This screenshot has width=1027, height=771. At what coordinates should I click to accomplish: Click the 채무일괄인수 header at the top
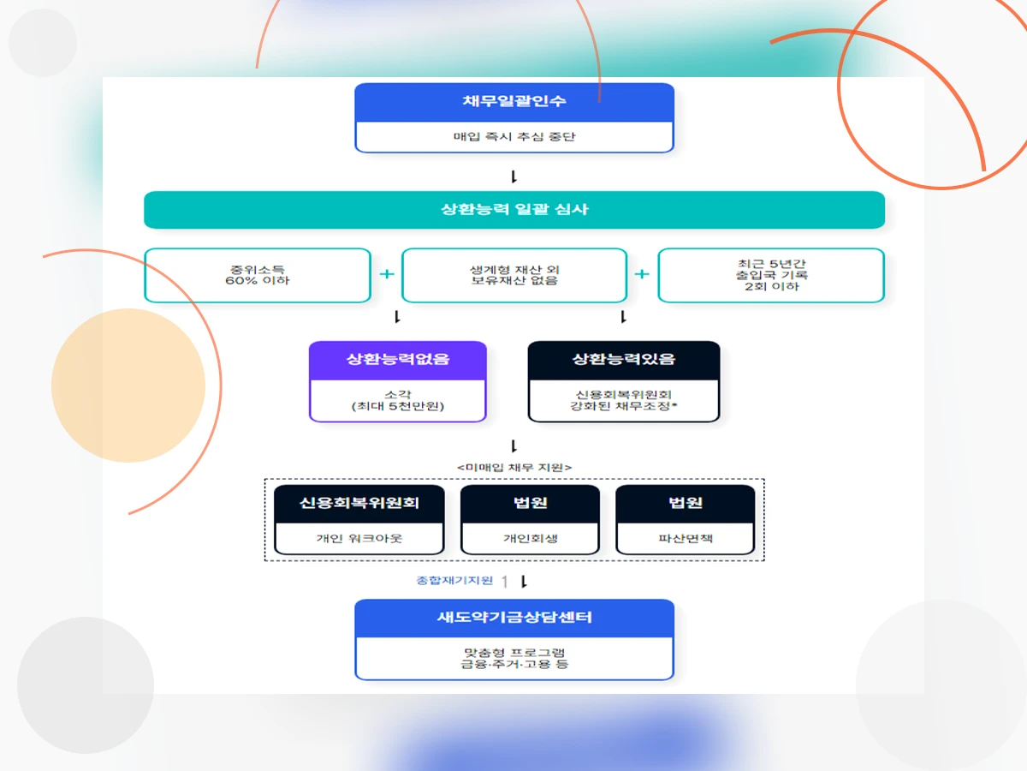(x=514, y=102)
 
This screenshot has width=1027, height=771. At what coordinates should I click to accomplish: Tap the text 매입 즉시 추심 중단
(x=514, y=137)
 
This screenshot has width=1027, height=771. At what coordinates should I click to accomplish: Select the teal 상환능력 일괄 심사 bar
(x=514, y=210)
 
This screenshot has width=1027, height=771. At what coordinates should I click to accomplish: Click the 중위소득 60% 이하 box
(x=258, y=275)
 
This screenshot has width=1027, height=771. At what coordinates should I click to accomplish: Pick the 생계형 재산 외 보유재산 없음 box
(x=514, y=275)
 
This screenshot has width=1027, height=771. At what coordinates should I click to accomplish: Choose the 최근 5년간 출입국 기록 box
(x=771, y=275)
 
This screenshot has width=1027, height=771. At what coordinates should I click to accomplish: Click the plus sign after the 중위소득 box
(x=387, y=274)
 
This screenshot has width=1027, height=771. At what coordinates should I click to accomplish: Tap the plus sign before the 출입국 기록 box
(x=642, y=274)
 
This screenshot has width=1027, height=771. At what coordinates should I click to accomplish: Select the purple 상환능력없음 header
(x=398, y=360)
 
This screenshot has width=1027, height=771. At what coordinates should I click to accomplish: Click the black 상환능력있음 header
(x=624, y=360)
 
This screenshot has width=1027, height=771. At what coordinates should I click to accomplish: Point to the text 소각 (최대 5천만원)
(x=398, y=399)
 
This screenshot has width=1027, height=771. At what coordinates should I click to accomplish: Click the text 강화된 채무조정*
(x=624, y=406)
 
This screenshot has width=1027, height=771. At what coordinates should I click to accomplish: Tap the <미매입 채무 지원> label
(x=514, y=467)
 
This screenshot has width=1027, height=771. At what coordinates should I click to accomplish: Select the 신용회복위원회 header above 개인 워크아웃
(x=359, y=503)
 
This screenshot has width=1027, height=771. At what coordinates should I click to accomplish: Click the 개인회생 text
(x=530, y=539)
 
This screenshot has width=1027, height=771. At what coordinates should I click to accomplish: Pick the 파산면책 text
(x=686, y=539)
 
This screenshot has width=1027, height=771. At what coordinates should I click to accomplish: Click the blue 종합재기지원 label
(x=454, y=581)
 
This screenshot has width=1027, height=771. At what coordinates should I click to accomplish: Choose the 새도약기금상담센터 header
(x=514, y=618)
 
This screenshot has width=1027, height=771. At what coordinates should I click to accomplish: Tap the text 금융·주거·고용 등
(x=514, y=664)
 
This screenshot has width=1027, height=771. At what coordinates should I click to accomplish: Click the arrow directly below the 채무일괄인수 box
(x=514, y=177)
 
